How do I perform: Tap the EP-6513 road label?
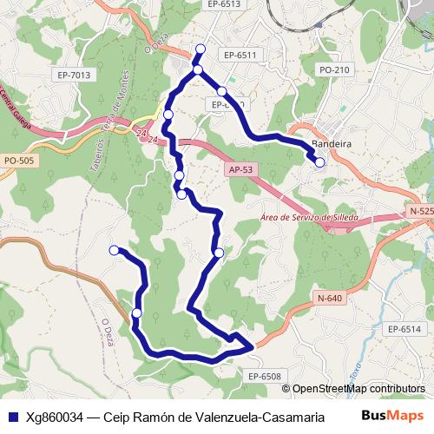pos(224,4)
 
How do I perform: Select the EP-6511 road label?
pos(240,55)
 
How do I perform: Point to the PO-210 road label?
pos(334,70)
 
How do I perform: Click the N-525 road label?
pos(420,212)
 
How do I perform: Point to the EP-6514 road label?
pos(404,329)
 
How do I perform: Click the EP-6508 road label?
pos(265,376)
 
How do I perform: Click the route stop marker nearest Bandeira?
pos(319,161)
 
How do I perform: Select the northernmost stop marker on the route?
pos(201,49)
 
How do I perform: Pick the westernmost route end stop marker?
pos(114,250)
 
